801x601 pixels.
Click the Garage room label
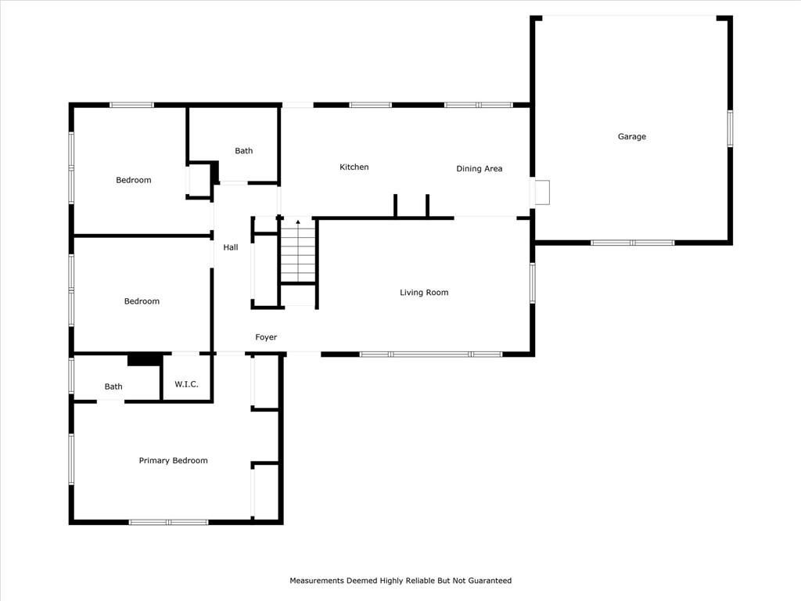pos(632,136)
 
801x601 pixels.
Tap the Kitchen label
pos(354,167)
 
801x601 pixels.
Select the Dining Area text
pos(480,169)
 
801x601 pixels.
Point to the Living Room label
pos(424,293)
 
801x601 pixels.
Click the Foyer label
pos(266,337)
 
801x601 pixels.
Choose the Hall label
pos(231,247)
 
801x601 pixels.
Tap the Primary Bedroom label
pos(173,460)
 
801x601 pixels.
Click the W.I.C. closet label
pos(186,384)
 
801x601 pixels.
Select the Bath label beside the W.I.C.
pos(113,387)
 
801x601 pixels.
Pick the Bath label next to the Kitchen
pos(244,151)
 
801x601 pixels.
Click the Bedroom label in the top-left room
pos(133,180)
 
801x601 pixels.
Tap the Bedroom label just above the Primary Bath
pos(142,301)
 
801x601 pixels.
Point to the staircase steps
pos(298,250)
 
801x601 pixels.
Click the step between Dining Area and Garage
pos(542,193)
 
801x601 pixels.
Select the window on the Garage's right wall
pos(730,129)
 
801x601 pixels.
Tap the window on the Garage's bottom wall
pos(632,243)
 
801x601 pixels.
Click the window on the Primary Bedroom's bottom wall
pos(169,522)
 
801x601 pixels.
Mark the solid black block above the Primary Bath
pos(145,360)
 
